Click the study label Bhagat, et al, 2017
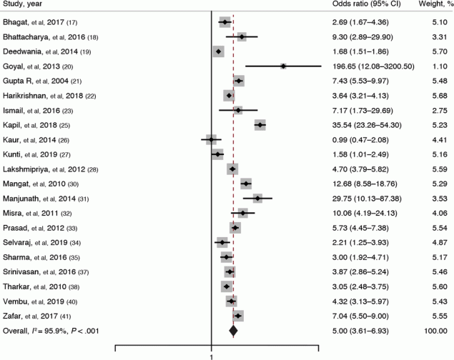40,23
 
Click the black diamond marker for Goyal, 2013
283,66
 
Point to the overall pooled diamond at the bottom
232,330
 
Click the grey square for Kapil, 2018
260,124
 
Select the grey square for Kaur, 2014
211,139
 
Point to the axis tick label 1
212,355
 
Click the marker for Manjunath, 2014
257,198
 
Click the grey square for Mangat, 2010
246,184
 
